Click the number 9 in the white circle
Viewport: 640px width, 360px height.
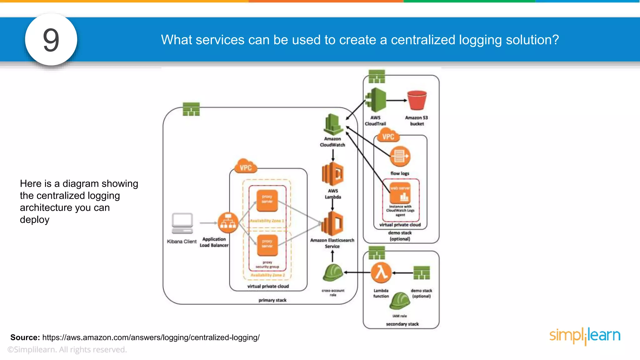coord(51,40)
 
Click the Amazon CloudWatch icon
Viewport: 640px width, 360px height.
coord(332,125)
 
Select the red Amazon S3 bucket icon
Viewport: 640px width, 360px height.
coord(417,100)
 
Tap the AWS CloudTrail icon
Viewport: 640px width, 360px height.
coord(376,100)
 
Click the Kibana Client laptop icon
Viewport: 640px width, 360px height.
coord(182,223)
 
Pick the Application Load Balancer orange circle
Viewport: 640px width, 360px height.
coord(228,222)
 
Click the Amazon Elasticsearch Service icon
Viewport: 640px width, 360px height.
coord(332,223)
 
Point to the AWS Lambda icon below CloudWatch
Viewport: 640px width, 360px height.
coord(332,174)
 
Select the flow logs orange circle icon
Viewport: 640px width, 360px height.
coord(400,156)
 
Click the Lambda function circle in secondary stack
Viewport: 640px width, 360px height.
coord(381,272)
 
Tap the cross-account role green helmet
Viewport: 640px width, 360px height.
coord(332,273)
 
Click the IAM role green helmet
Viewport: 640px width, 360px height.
coord(400,301)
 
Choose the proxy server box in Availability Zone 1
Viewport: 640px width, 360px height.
coord(267,200)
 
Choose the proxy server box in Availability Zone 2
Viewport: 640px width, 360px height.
coord(267,245)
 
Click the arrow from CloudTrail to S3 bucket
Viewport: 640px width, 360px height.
coord(396,100)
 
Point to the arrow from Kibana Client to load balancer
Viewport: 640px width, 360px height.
coord(208,223)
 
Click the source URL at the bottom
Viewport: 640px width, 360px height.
coord(151,337)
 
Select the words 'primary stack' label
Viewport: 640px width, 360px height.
coord(272,300)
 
